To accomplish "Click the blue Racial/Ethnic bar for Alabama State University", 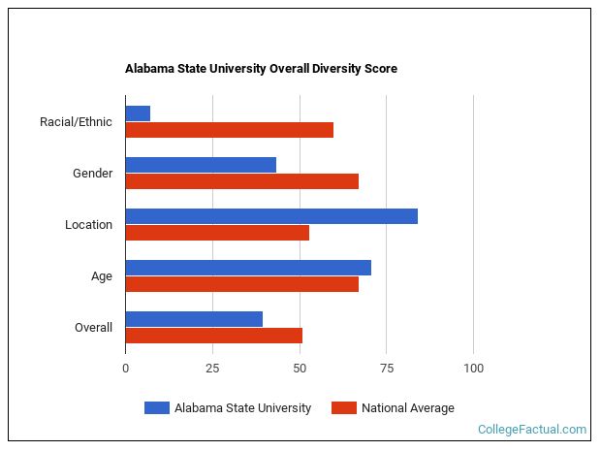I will point(138,113).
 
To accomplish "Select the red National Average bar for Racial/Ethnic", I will point(229,130).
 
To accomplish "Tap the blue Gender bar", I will point(201,165).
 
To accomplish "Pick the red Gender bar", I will point(241,181).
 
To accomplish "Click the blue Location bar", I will point(271,216).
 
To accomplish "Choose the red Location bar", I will point(217,233).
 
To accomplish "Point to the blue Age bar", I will point(248,268).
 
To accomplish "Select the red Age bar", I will point(241,284).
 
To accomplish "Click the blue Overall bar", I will point(194,319).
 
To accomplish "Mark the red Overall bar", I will point(213,336).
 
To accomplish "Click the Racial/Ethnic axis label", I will point(76,122).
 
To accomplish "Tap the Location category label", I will point(88,225).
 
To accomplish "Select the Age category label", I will point(101,276).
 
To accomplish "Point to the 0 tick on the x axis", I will point(125,369).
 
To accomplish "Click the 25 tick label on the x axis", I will point(212,369).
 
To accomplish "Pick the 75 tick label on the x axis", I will point(386,369).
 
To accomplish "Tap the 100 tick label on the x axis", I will point(473,369).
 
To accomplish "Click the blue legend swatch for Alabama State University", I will point(156,408).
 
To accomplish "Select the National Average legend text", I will point(407,408).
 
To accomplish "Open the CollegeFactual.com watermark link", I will point(532,430).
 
